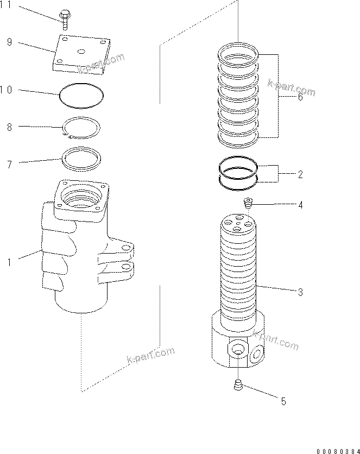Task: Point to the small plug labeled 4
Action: [x=249, y=204]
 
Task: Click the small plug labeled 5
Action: [x=237, y=386]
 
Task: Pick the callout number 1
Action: [x=9, y=262]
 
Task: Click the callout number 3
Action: [x=300, y=292]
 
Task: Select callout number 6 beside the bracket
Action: [x=300, y=97]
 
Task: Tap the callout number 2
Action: [x=300, y=175]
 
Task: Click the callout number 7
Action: [x=9, y=162]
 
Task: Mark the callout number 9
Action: [x=9, y=41]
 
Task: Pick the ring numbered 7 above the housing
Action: [x=81, y=157]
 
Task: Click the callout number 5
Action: [x=283, y=401]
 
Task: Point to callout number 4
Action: [x=300, y=205]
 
